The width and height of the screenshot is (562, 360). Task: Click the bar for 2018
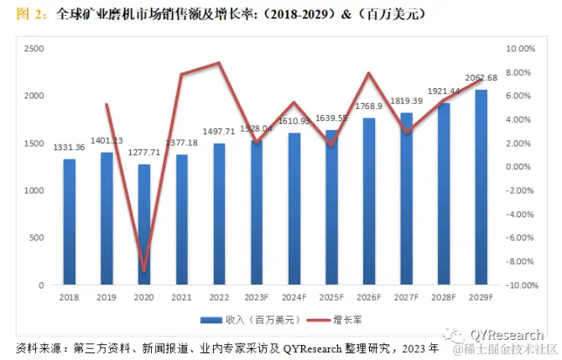point(70,222)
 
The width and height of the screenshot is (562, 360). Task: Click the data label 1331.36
point(70,149)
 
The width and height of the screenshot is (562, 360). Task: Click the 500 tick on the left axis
point(39,238)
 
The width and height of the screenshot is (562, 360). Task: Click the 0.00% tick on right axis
point(527,167)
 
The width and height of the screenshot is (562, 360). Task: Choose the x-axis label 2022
point(219,295)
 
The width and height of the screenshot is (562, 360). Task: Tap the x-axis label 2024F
point(294,295)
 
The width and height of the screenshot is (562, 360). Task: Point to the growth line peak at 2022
point(219,63)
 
